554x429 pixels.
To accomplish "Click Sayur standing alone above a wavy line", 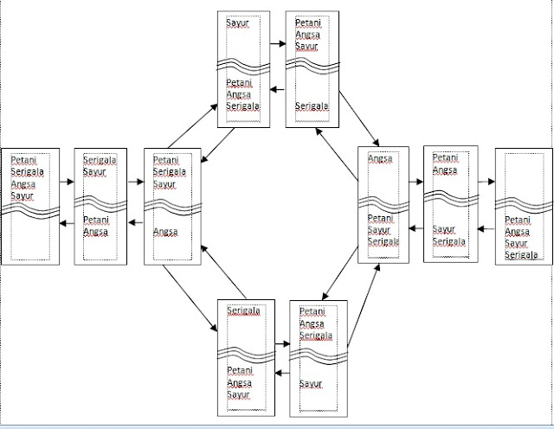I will point(237,23).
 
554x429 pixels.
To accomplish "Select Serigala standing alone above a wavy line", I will point(243,311).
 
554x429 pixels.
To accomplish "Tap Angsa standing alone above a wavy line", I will point(380,159).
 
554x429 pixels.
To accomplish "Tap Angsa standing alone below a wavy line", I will point(164,231).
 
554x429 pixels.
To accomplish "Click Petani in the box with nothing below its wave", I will point(23,160).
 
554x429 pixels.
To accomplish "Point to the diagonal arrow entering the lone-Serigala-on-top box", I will point(188,299).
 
